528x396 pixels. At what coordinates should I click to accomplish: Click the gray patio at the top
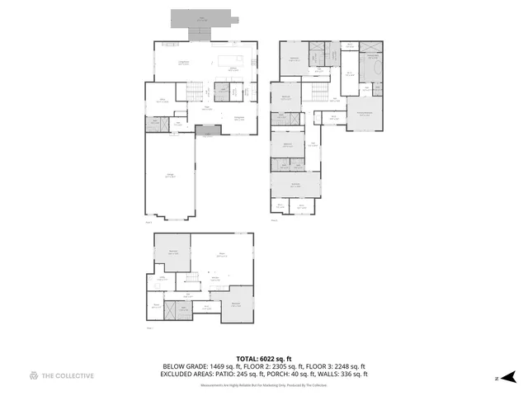202,18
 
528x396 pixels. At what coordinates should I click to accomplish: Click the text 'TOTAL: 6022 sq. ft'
264,359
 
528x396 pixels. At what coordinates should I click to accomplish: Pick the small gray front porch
209,130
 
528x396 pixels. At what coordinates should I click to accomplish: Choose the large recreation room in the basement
221,256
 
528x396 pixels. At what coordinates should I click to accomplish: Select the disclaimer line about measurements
264,384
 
